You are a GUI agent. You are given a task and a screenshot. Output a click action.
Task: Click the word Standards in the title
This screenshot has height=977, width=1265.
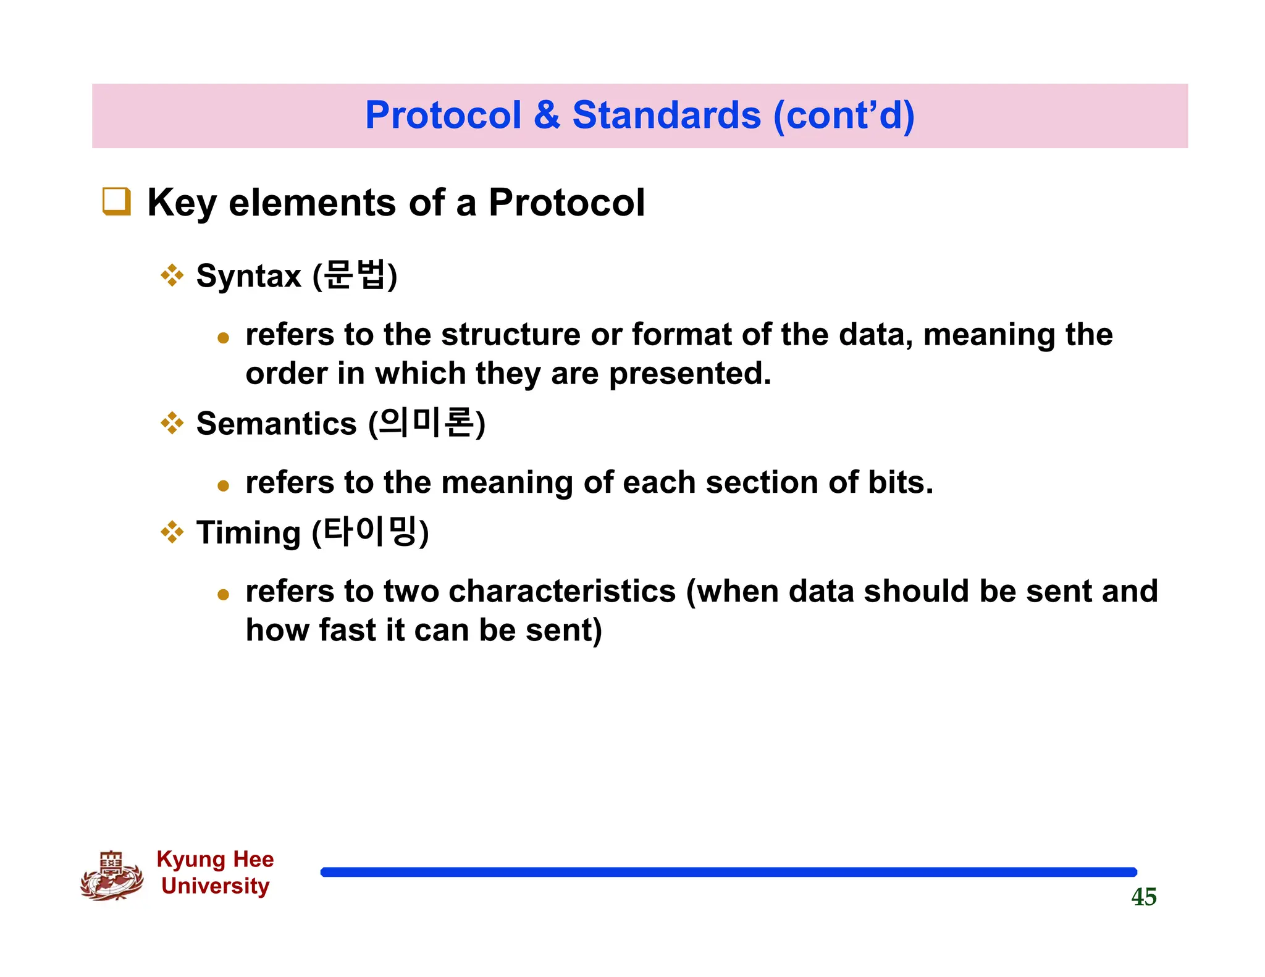pyautogui.click(x=666, y=115)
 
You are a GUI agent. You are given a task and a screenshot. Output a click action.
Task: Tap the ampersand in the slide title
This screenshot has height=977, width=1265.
pyautogui.click(x=547, y=115)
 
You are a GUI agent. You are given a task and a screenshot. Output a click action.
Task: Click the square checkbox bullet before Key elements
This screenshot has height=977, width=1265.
pyautogui.click(x=116, y=202)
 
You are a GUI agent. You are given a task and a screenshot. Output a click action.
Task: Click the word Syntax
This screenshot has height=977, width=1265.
pyautogui.click(x=248, y=276)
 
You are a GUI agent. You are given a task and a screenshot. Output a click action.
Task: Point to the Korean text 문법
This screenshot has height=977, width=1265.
pyautogui.click(x=355, y=275)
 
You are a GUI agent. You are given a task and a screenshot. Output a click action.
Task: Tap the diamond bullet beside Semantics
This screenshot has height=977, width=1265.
pyautogui.click(x=172, y=424)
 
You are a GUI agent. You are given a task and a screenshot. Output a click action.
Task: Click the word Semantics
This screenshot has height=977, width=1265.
pyautogui.click(x=276, y=424)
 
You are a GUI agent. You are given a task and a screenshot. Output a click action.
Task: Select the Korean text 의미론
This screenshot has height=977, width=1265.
pyautogui.click(x=426, y=423)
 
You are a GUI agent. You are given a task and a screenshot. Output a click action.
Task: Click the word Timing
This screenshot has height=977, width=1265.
pyautogui.click(x=248, y=533)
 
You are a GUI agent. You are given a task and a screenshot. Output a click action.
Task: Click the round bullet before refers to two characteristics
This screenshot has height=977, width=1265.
pyautogui.click(x=224, y=595)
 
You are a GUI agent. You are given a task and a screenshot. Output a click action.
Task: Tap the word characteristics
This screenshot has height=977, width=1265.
pyautogui.click(x=562, y=592)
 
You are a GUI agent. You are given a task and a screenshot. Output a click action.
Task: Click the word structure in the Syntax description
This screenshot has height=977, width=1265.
pyautogui.click(x=510, y=335)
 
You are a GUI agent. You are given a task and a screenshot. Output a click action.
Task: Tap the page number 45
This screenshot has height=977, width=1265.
pyautogui.click(x=1143, y=897)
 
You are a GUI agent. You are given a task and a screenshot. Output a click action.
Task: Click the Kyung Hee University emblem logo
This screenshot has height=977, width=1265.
pyautogui.click(x=112, y=876)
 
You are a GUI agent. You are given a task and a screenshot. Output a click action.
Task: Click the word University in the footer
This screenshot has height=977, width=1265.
pyautogui.click(x=215, y=886)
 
